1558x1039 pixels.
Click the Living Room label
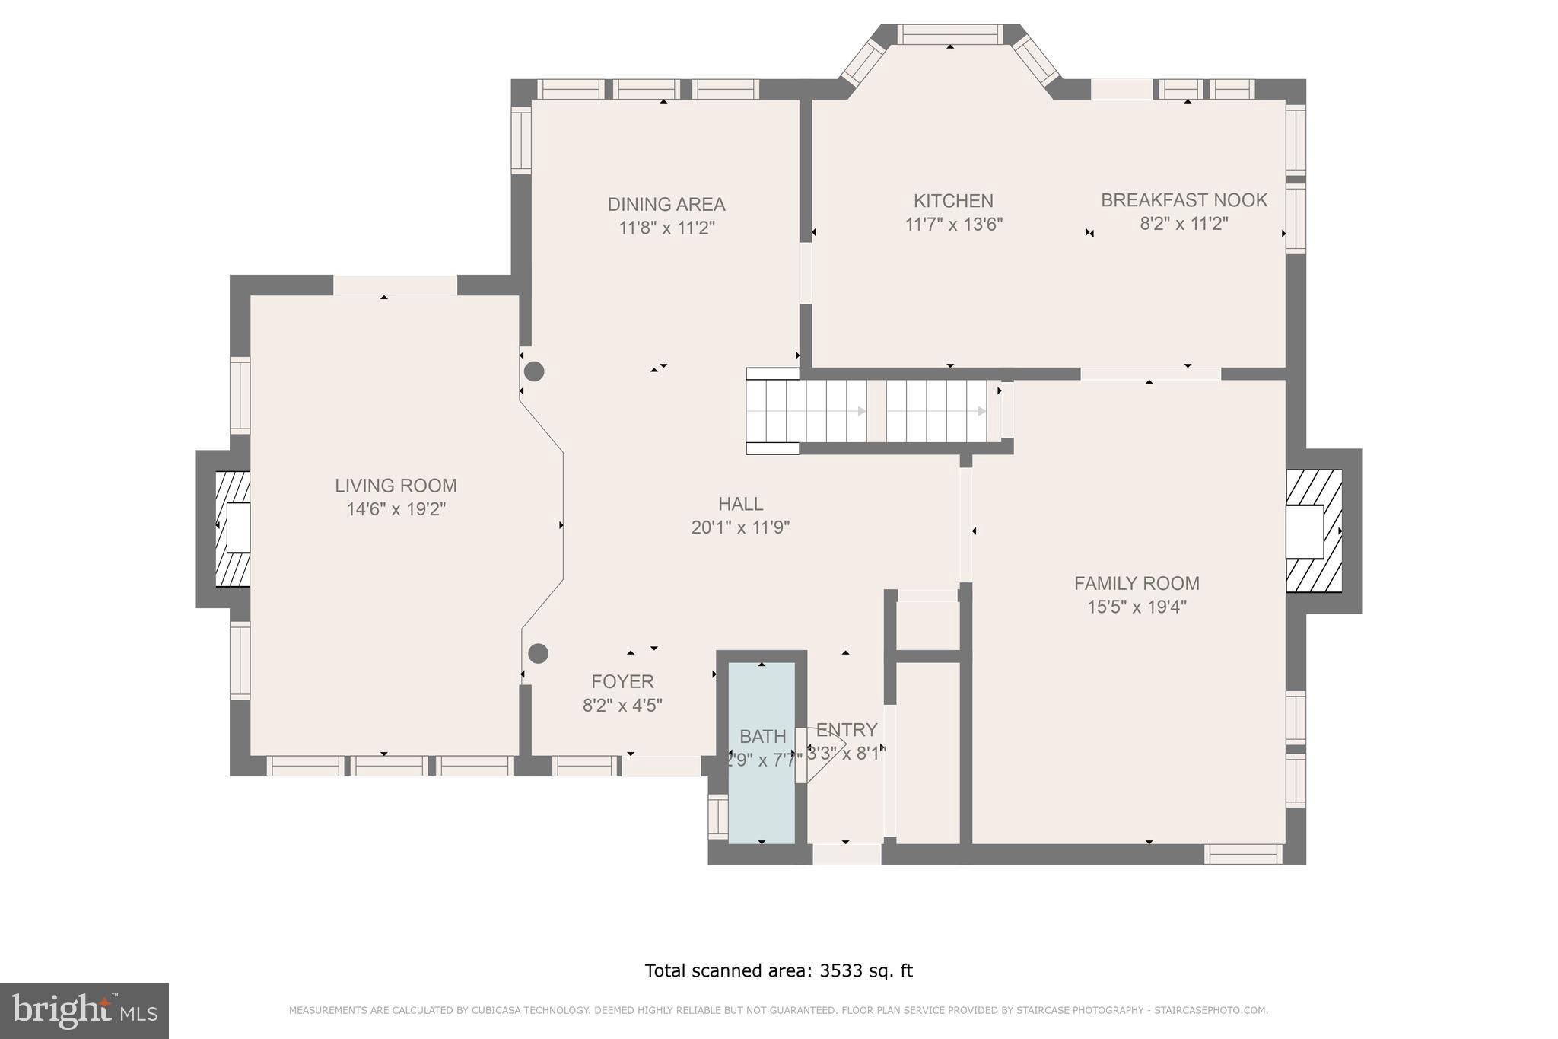pyautogui.click(x=396, y=486)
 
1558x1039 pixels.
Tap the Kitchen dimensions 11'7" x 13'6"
pyautogui.click(x=953, y=225)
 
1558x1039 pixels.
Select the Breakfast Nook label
pyautogui.click(x=1184, y=200)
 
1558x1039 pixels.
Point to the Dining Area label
pyautogui.click(x=666, y=204)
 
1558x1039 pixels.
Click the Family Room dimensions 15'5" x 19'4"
pyautogui.click(x=1137, y=607)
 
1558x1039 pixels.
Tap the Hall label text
pyautogui.click(x=740, y=504)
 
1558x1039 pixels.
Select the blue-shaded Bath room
pyautogui.click(x=762, y=792)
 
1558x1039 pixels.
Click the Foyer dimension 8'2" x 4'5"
pyautogui.click(x=622, y=706)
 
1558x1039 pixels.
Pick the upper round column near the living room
pyautogui.click(x=535, y=371)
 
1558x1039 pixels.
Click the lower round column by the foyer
pyautogui.click(x=538, y=653)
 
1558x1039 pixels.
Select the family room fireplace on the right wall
pyautogui.click(x=1313, y=531)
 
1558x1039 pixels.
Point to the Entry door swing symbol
pyautogui.click(x=822, y=754)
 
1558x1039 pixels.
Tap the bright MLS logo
pyautogui.click(x=84, y=1011)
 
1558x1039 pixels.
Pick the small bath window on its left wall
pyautogui.click(x=717, y=816)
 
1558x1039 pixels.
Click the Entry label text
pyautogui.click(x=847, y=730)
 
